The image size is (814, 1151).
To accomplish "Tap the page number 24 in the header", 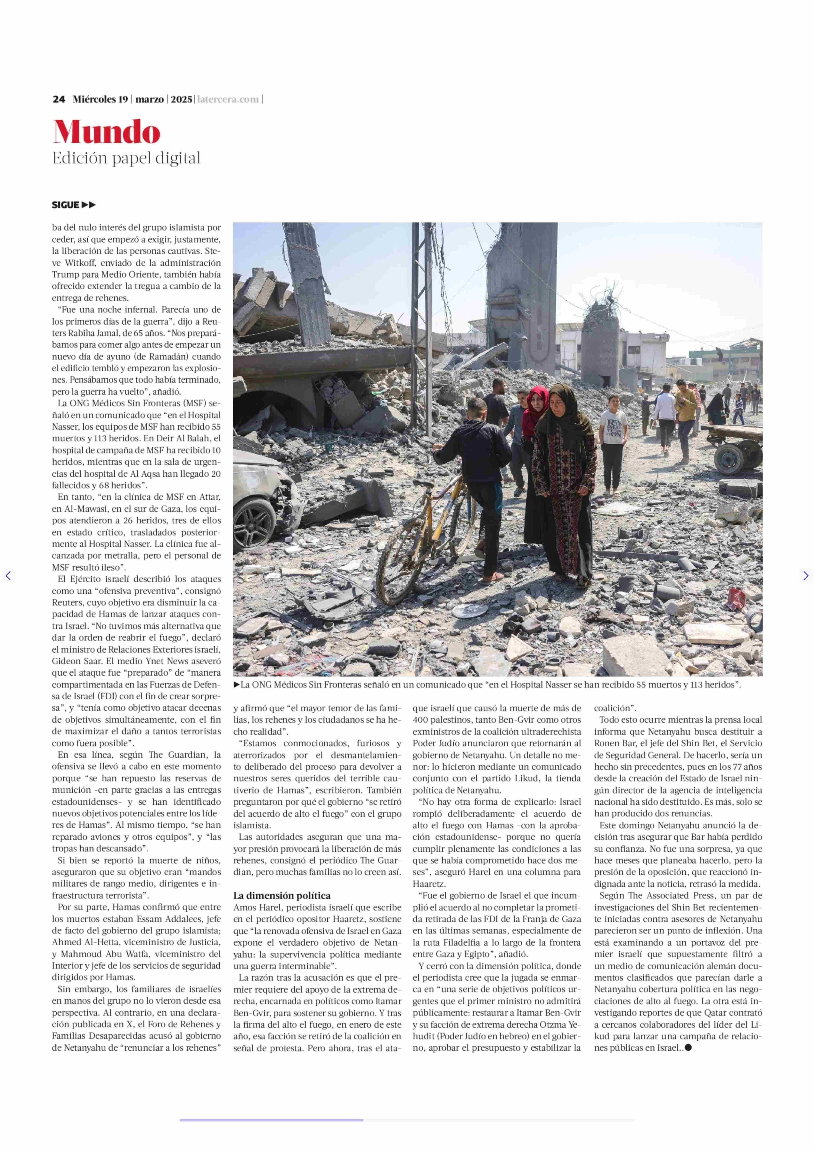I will click(59, 99).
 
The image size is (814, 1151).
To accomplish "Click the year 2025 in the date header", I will click(181, 99).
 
